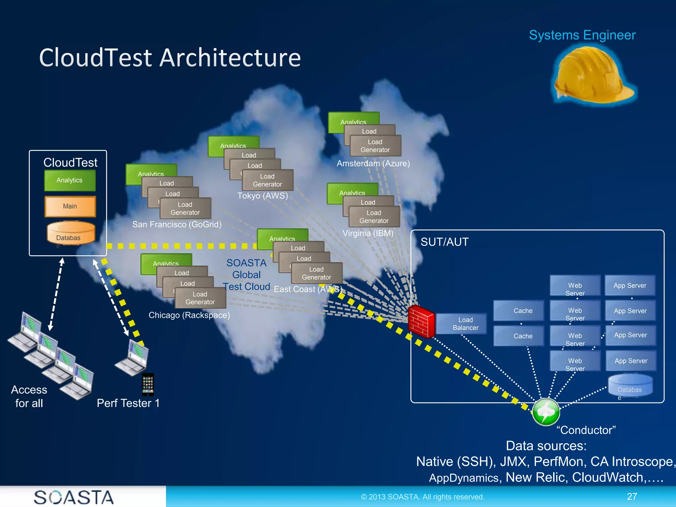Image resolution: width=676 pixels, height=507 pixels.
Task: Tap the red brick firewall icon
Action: coord(421,321)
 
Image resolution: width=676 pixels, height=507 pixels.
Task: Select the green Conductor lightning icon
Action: coord(546,412)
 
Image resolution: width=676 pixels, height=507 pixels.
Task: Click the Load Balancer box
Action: coord(465,323)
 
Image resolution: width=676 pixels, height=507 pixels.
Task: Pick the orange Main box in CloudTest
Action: coord(70,206)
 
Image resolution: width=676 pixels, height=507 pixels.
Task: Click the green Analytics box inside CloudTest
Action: coord(70,180)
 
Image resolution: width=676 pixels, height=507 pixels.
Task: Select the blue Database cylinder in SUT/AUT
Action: coord(630,386)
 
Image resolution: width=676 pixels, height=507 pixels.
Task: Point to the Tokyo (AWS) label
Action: coord(262,196)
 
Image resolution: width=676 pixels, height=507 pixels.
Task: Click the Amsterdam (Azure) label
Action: coord(373,163)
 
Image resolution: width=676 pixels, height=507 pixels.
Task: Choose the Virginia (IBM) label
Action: coord(368,233)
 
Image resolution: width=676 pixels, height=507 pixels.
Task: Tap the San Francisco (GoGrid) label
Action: coord(177,224)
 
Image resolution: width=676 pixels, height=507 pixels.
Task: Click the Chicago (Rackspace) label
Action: coord(189,315)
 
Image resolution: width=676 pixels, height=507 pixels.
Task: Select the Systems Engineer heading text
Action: coord(582,35)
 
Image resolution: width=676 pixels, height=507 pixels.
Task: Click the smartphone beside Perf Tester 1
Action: coord(148,384)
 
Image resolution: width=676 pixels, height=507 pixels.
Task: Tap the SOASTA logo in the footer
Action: coord(74,497)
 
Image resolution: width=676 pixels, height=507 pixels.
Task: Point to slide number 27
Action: coord(632,496)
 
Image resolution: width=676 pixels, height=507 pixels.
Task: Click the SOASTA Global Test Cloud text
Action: coord(246,275)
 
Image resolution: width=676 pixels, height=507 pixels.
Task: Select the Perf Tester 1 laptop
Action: coord(133,358)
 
